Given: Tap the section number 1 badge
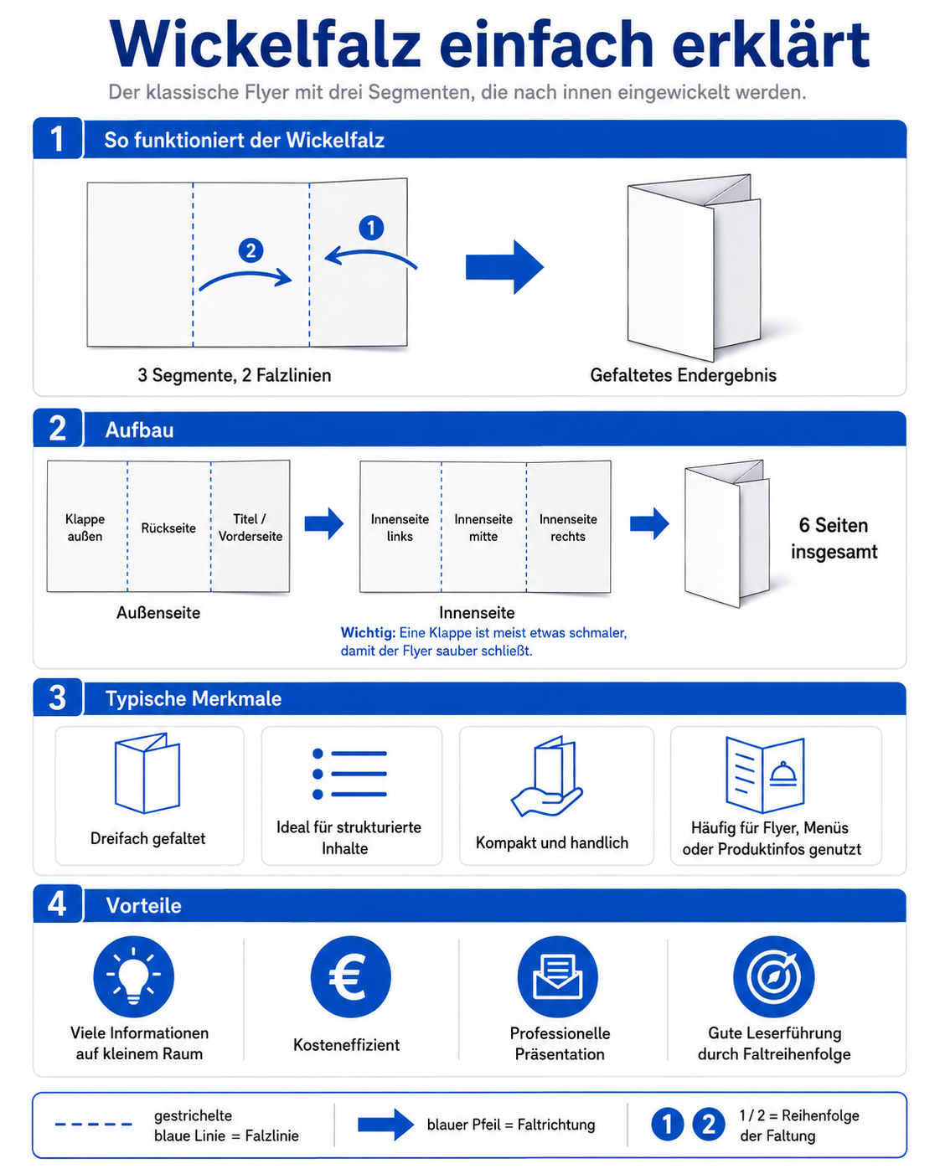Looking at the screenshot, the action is pos(57,138).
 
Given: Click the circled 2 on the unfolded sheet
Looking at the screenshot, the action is pos(251,250).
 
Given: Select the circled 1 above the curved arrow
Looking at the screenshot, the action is pos(371,228).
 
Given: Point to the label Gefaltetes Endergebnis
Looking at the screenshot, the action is pos(683,375).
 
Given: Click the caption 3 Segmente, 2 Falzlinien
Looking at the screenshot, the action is pos(235,375).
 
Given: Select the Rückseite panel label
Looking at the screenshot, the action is pos(168,528).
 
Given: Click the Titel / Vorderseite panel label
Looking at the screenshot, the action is pos(250,528).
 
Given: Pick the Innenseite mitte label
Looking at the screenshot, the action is pos(483,528).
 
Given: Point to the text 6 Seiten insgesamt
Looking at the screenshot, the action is pos(834,538).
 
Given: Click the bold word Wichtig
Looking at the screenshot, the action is pos(368,633).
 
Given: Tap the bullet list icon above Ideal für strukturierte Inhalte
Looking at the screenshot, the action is pos(349,774).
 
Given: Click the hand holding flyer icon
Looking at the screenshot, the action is pos(547,775).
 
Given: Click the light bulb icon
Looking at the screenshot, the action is pos(134,976).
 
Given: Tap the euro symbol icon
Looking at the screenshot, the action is pos(350,976).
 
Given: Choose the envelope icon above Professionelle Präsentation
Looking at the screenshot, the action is pos(557,976).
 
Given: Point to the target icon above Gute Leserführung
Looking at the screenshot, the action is pos(773,976).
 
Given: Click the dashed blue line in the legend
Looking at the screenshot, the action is pos(93,1125).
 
